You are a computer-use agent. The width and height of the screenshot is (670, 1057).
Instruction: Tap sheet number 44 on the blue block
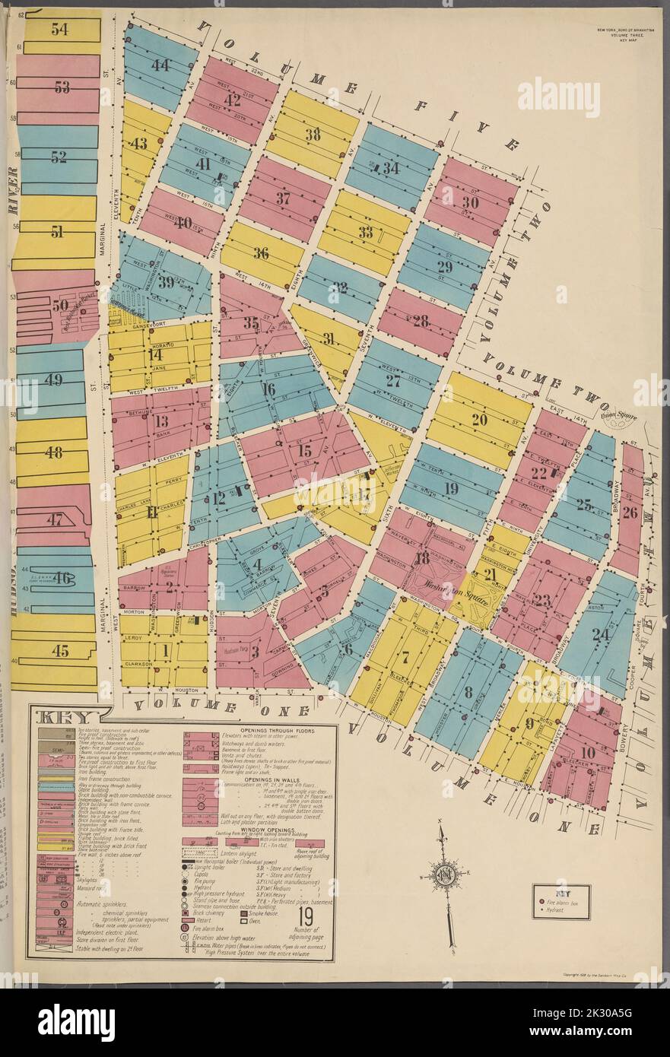(160, 65)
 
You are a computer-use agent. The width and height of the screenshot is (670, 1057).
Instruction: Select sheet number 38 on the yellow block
(312, 135)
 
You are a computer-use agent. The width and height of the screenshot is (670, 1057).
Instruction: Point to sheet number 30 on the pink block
(469, 202)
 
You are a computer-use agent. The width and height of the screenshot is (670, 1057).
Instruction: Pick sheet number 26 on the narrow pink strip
(630, 512)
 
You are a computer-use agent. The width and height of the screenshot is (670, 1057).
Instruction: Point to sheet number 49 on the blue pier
(54, 380)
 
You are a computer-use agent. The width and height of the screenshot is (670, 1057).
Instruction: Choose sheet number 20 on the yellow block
(479, 419)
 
